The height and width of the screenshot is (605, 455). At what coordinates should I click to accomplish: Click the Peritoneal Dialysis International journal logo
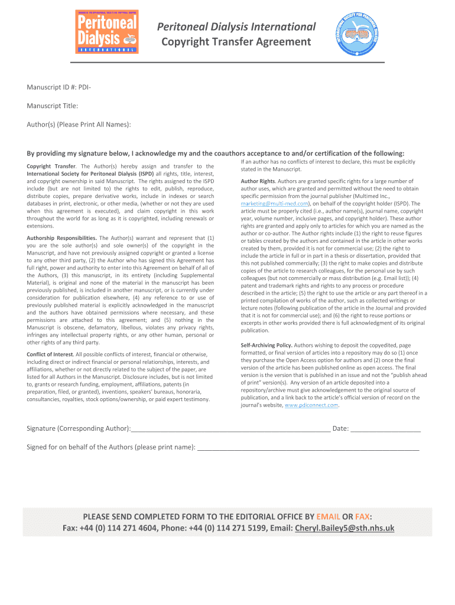[108, 31]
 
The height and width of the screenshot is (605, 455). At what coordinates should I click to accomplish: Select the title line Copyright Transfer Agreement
[236, 41]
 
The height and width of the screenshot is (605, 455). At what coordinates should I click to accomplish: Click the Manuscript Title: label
[53, 106]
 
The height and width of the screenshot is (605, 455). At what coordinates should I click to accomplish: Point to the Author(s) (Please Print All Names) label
[79, 124]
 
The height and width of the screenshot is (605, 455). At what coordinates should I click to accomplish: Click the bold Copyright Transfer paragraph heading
[52, 167]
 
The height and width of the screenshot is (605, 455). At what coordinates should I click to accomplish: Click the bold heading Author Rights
[258, 181]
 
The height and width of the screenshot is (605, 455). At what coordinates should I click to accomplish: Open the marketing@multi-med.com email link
[275, 203]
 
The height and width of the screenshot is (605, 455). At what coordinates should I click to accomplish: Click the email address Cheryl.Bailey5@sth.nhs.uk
[344, 528]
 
